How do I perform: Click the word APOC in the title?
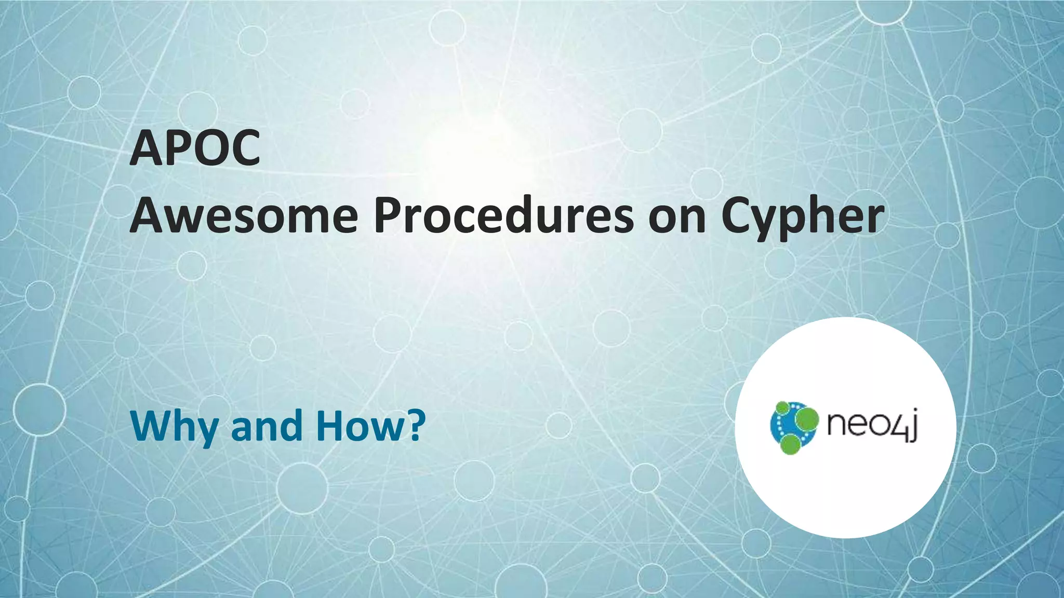click(x=195, y=148)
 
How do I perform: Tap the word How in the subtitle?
click(x=358, y=426)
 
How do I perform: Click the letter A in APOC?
click(x=147, y=148)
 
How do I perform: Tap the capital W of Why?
click(x=151, y=426)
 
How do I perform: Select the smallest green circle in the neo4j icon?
click(x=782, y=408)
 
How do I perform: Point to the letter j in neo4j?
click(x=912, y=427)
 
